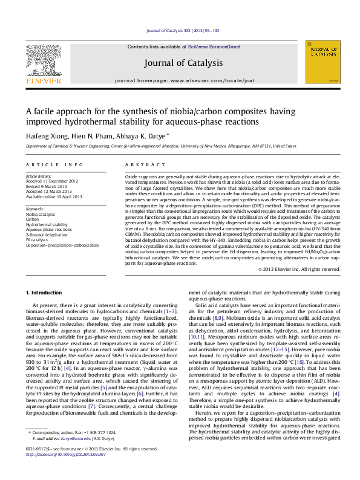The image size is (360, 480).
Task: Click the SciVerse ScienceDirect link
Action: point(214,47)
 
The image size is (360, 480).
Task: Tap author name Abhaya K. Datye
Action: point(140,136)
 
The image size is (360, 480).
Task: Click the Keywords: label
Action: point(36,209)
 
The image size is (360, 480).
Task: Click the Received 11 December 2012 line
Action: point(52,180)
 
